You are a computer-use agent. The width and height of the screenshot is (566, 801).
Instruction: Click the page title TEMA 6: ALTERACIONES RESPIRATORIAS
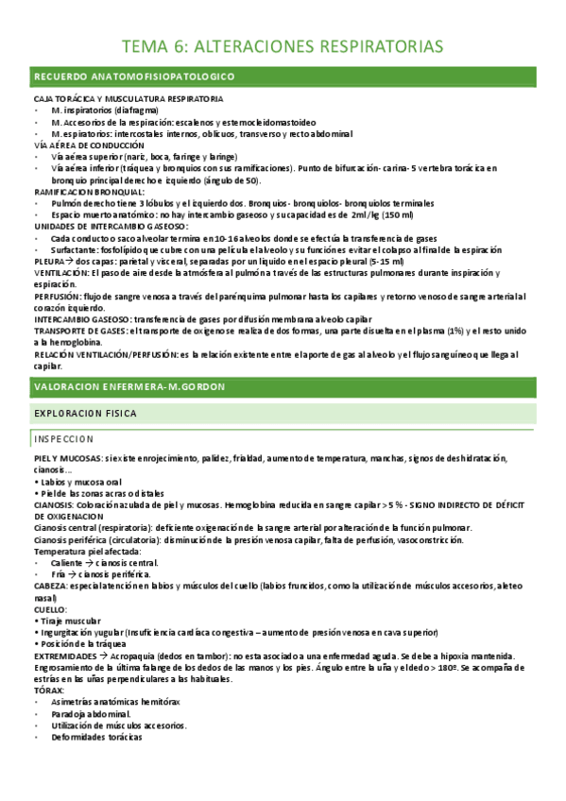(x=283, y=46)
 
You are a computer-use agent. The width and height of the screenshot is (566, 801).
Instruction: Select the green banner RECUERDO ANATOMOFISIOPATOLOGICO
(x=134, y=76)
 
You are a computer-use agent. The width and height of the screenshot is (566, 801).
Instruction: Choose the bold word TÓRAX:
(x=48, y=690)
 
